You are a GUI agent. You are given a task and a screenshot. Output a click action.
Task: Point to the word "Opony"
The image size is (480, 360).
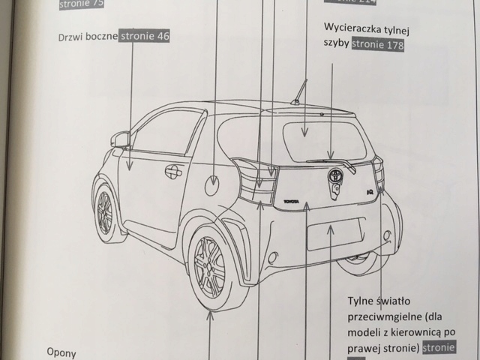coord(64,351)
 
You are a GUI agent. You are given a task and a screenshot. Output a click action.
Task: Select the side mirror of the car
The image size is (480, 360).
coord(120,139)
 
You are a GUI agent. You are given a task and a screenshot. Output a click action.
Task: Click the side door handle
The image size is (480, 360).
coord(173,171)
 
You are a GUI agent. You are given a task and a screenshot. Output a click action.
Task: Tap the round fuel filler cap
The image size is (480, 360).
coord(214,181)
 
